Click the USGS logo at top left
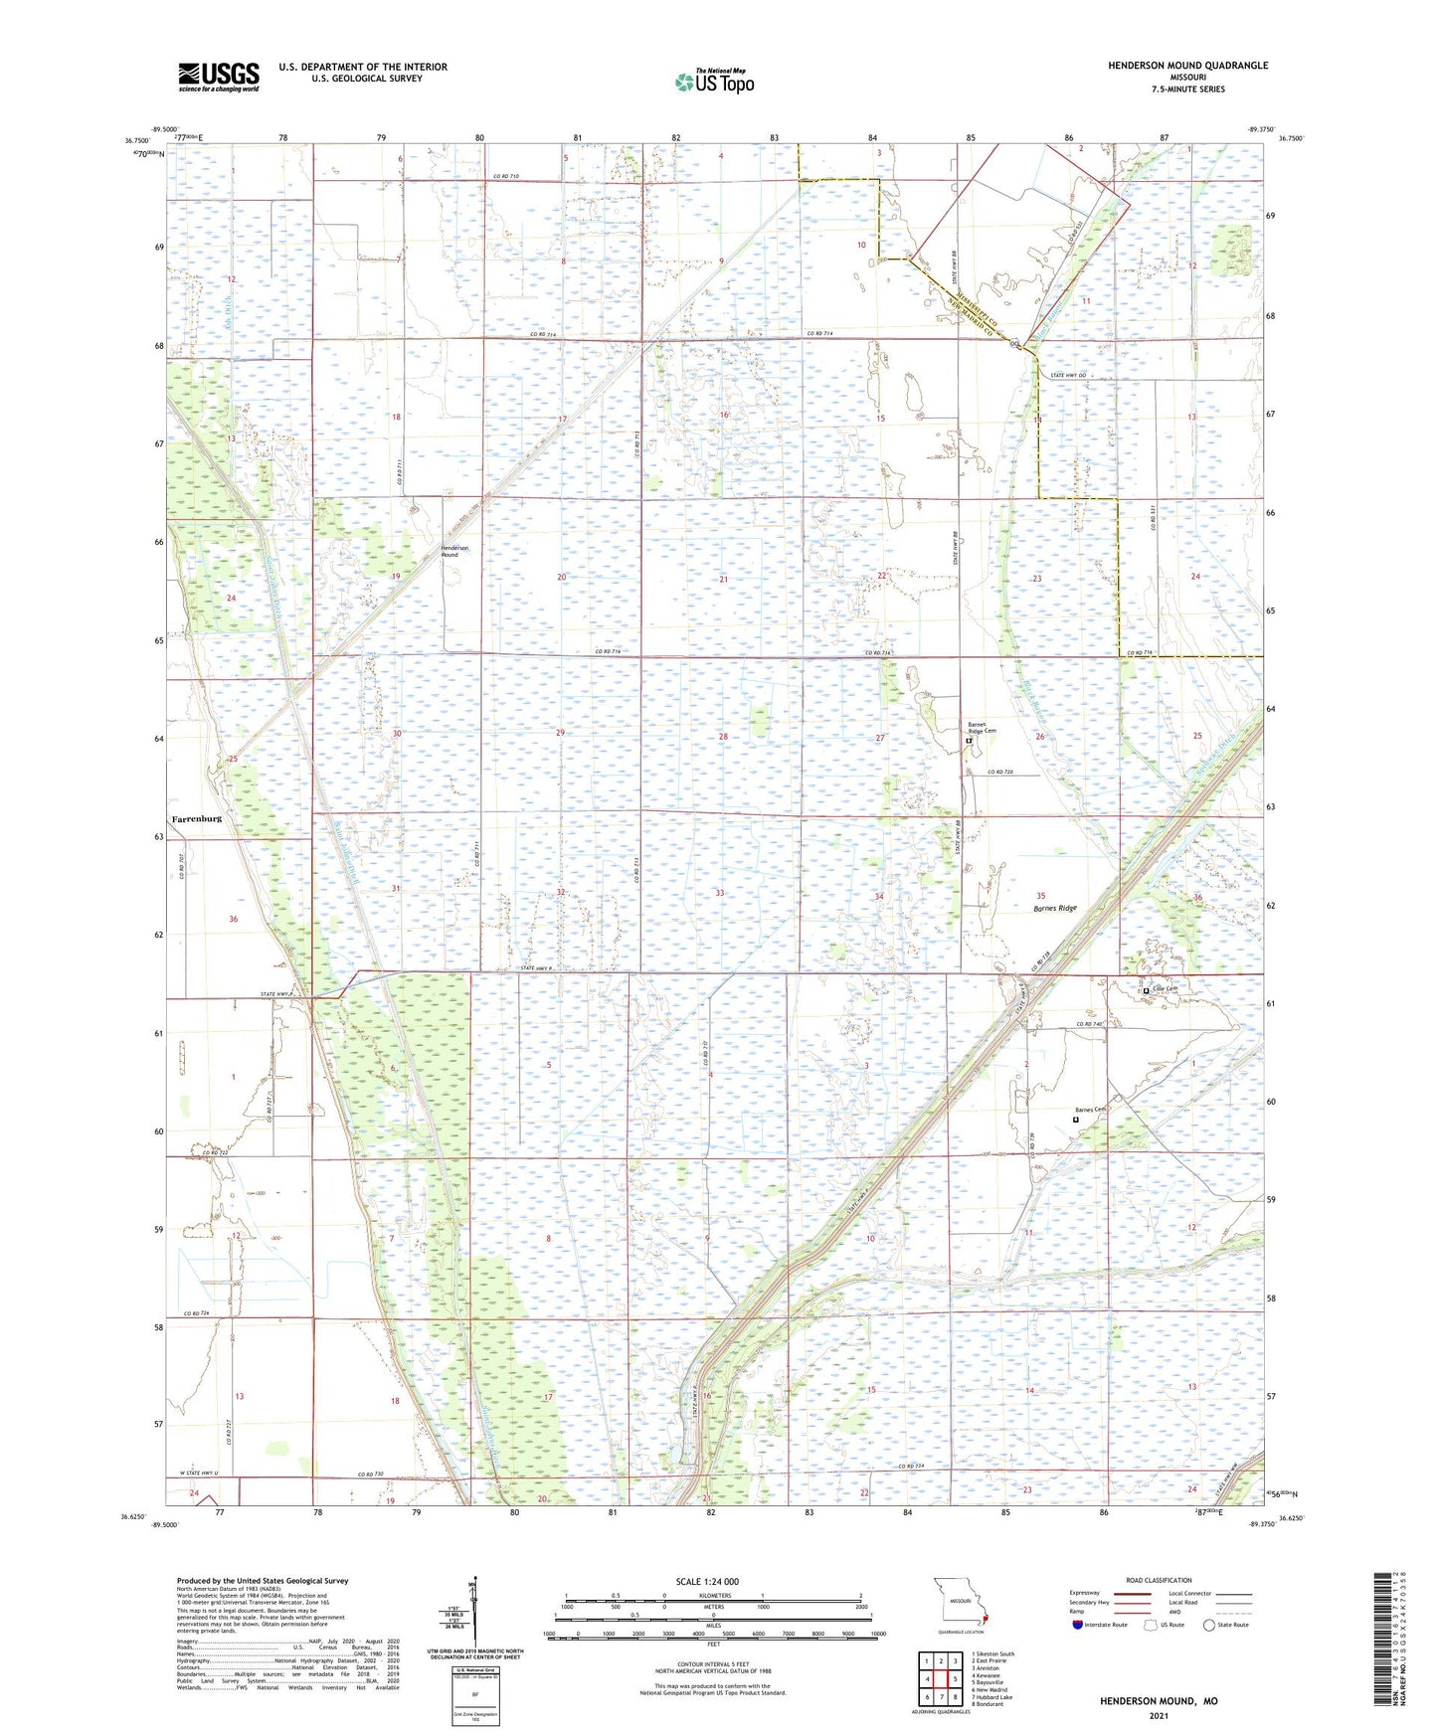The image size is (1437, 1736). pyautogui.click(x=219, y=76)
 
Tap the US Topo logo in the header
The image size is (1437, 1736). pyautogui.click(x=714, y=82)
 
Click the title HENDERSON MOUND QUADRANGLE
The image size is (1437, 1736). pyautogui.click(x=1187, y=66)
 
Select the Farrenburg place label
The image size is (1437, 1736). pyautogui.click(x=196, y=818)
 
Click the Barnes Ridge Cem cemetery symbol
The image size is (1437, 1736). pyautogui.click(x=969, y=741)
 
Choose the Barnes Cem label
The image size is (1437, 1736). pyautogui.click(x=1090, y=1110)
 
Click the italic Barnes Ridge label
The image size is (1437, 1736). pyautogui.click(x=1054, y=908)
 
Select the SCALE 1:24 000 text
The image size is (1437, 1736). pyautogui.click(x=707, y=1581)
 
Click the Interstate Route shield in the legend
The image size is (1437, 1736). pyautogui.click(x=1078, y=1624)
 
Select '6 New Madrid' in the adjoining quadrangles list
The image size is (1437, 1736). pyautogui.click(x=989, y=1689)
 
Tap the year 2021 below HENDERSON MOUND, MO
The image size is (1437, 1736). pyautogui.click(x=1158, y=1715)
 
